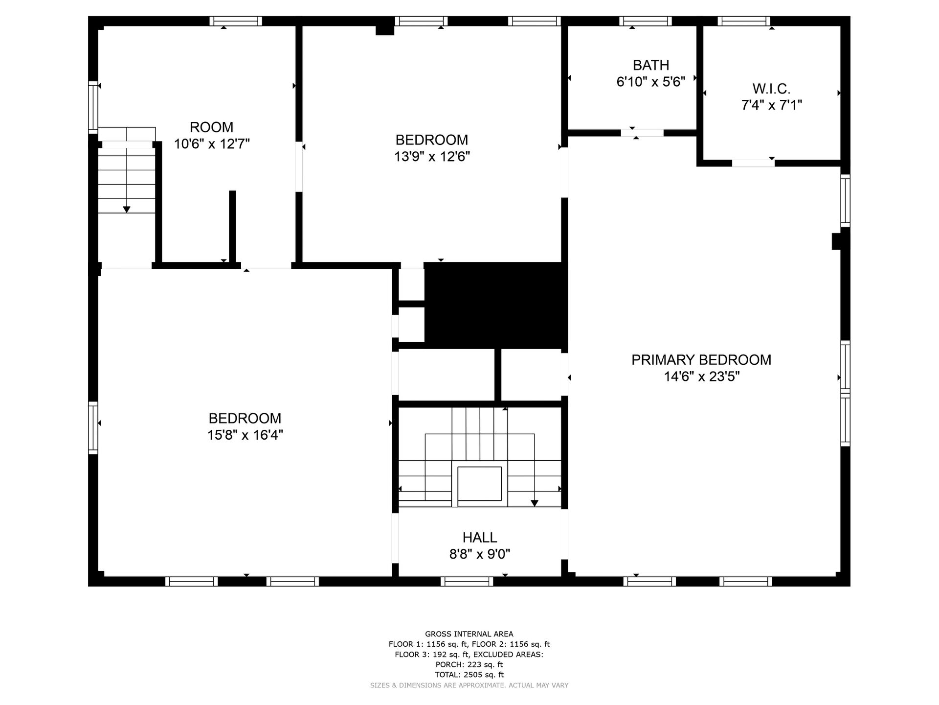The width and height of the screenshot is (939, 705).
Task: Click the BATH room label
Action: point(651,65)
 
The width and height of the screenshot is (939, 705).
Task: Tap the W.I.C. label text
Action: point(771,89)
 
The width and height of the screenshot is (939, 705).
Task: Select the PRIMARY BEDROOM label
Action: point(701,360)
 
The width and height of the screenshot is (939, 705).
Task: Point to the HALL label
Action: point(480,538)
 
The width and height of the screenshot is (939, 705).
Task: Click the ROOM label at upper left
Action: point(211,127)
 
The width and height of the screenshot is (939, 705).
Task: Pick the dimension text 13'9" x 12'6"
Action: point(432,157)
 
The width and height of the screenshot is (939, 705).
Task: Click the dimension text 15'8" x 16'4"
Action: point(245,435)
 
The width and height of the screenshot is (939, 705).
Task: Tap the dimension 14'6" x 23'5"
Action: point(701,376)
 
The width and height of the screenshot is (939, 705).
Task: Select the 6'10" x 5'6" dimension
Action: point(651,82)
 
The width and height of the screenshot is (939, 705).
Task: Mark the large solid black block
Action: point(495,305)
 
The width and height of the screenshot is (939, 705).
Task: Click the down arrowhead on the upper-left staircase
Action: point(127,210)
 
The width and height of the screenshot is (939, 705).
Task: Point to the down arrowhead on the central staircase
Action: point(535,503)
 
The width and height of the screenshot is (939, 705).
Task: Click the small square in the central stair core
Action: point(479,484)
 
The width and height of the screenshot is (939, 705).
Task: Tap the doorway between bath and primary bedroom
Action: point(642,133)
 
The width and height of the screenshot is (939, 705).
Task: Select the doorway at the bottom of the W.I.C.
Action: point(753,163)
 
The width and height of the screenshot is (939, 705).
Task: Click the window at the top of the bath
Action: point(645,21)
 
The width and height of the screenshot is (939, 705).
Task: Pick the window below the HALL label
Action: point(467,582)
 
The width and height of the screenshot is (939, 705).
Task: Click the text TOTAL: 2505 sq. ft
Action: point(469,675)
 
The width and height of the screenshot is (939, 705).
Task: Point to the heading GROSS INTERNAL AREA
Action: point(469,634)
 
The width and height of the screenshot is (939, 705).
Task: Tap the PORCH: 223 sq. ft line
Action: point(469,664)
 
